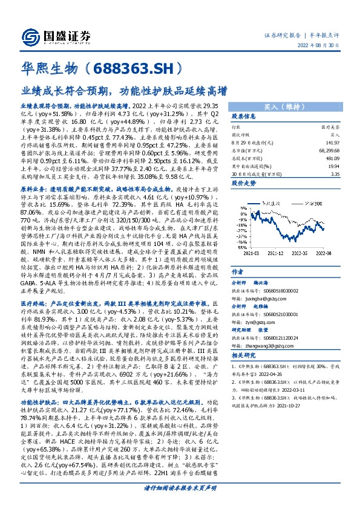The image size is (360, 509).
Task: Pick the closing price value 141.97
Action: click(x=332, y=143)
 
